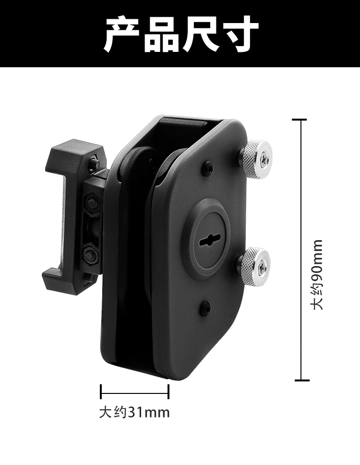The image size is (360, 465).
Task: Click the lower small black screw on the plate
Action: click(206, 307)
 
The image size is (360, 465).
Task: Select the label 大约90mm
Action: click(318, 274)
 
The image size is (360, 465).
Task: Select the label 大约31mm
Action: click(134, 413)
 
